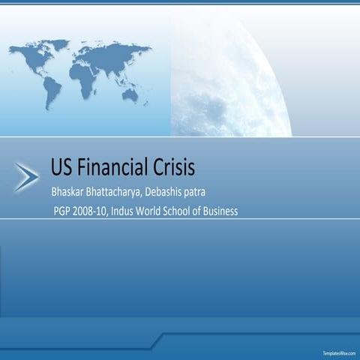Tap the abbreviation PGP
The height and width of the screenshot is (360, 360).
coord(62,211)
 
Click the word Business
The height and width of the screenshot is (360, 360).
coord(221,211)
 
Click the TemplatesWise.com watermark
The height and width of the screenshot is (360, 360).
coord(340,352)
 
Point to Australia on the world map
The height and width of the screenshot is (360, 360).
coord(130,94)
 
